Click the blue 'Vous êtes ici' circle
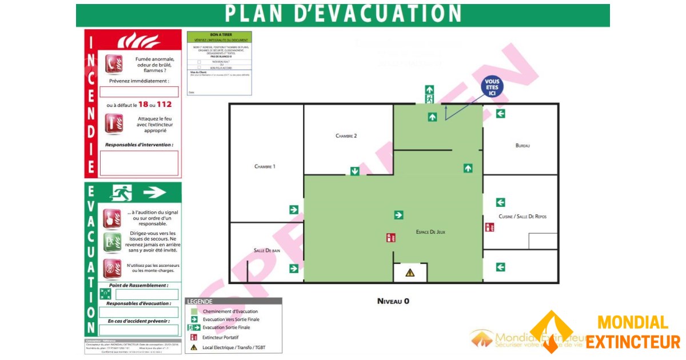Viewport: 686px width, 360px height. pos(492,87)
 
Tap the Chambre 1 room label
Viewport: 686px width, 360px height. pos(265,166)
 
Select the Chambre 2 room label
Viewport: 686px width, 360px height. pos(346,136)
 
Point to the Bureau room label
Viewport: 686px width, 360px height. pos(523,146)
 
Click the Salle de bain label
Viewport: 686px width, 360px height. pos(266,250)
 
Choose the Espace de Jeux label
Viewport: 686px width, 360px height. pos(430,232)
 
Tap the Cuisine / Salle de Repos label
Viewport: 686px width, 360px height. pos(523,217)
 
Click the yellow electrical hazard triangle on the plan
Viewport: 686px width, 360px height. pos(410,273)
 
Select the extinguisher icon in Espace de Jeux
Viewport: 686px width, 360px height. pos(391,238)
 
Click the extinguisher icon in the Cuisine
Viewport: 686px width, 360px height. pos(489,227)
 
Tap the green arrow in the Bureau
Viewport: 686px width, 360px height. pos(501,114)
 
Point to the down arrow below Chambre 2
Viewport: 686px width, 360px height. pos(354,171)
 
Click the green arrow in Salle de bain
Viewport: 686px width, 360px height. pos(294,268)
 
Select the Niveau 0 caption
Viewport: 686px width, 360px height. pos(393,301)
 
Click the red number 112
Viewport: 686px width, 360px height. pos(164,105)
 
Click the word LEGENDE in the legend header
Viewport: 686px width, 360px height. pos(200,302)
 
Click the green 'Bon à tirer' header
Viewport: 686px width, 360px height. pos(219,35)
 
